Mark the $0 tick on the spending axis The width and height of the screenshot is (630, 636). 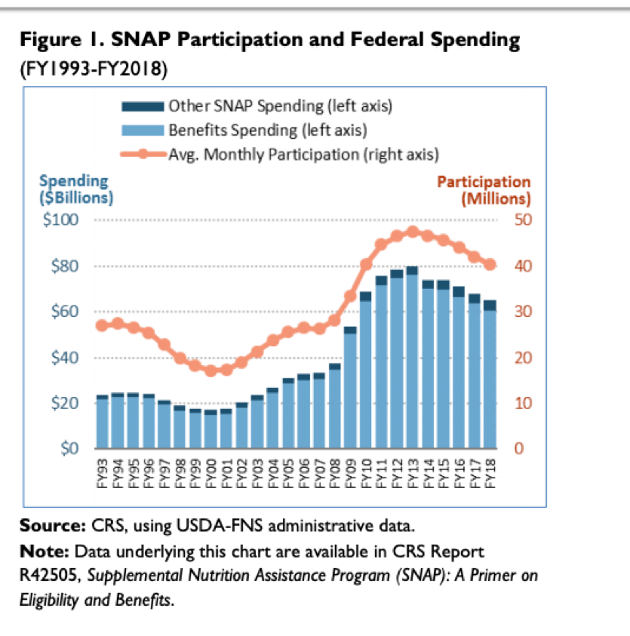(75, 449)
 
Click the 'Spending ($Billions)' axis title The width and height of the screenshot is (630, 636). (75, 189)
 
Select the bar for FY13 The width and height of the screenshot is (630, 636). (412, 358)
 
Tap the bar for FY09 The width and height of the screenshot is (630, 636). (350, 388)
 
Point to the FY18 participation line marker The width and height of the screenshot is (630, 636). (489, 264)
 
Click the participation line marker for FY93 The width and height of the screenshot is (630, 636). (102, 325)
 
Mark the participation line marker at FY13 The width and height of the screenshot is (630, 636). (412, 232)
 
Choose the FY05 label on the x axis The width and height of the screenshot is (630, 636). (288, 472)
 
